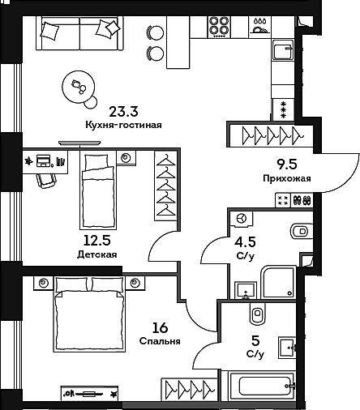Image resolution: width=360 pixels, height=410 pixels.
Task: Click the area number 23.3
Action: [x=122, y=112]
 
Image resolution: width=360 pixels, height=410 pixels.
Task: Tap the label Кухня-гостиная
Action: [x=124, y=126]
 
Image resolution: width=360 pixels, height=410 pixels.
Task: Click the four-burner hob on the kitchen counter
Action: [x=217, y=27]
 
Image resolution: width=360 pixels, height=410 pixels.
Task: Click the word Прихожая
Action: [x=287, y=177]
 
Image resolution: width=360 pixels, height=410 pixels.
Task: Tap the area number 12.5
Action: [x=97, y=241]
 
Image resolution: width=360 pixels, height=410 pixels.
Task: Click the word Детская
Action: [x=97, y=254]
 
